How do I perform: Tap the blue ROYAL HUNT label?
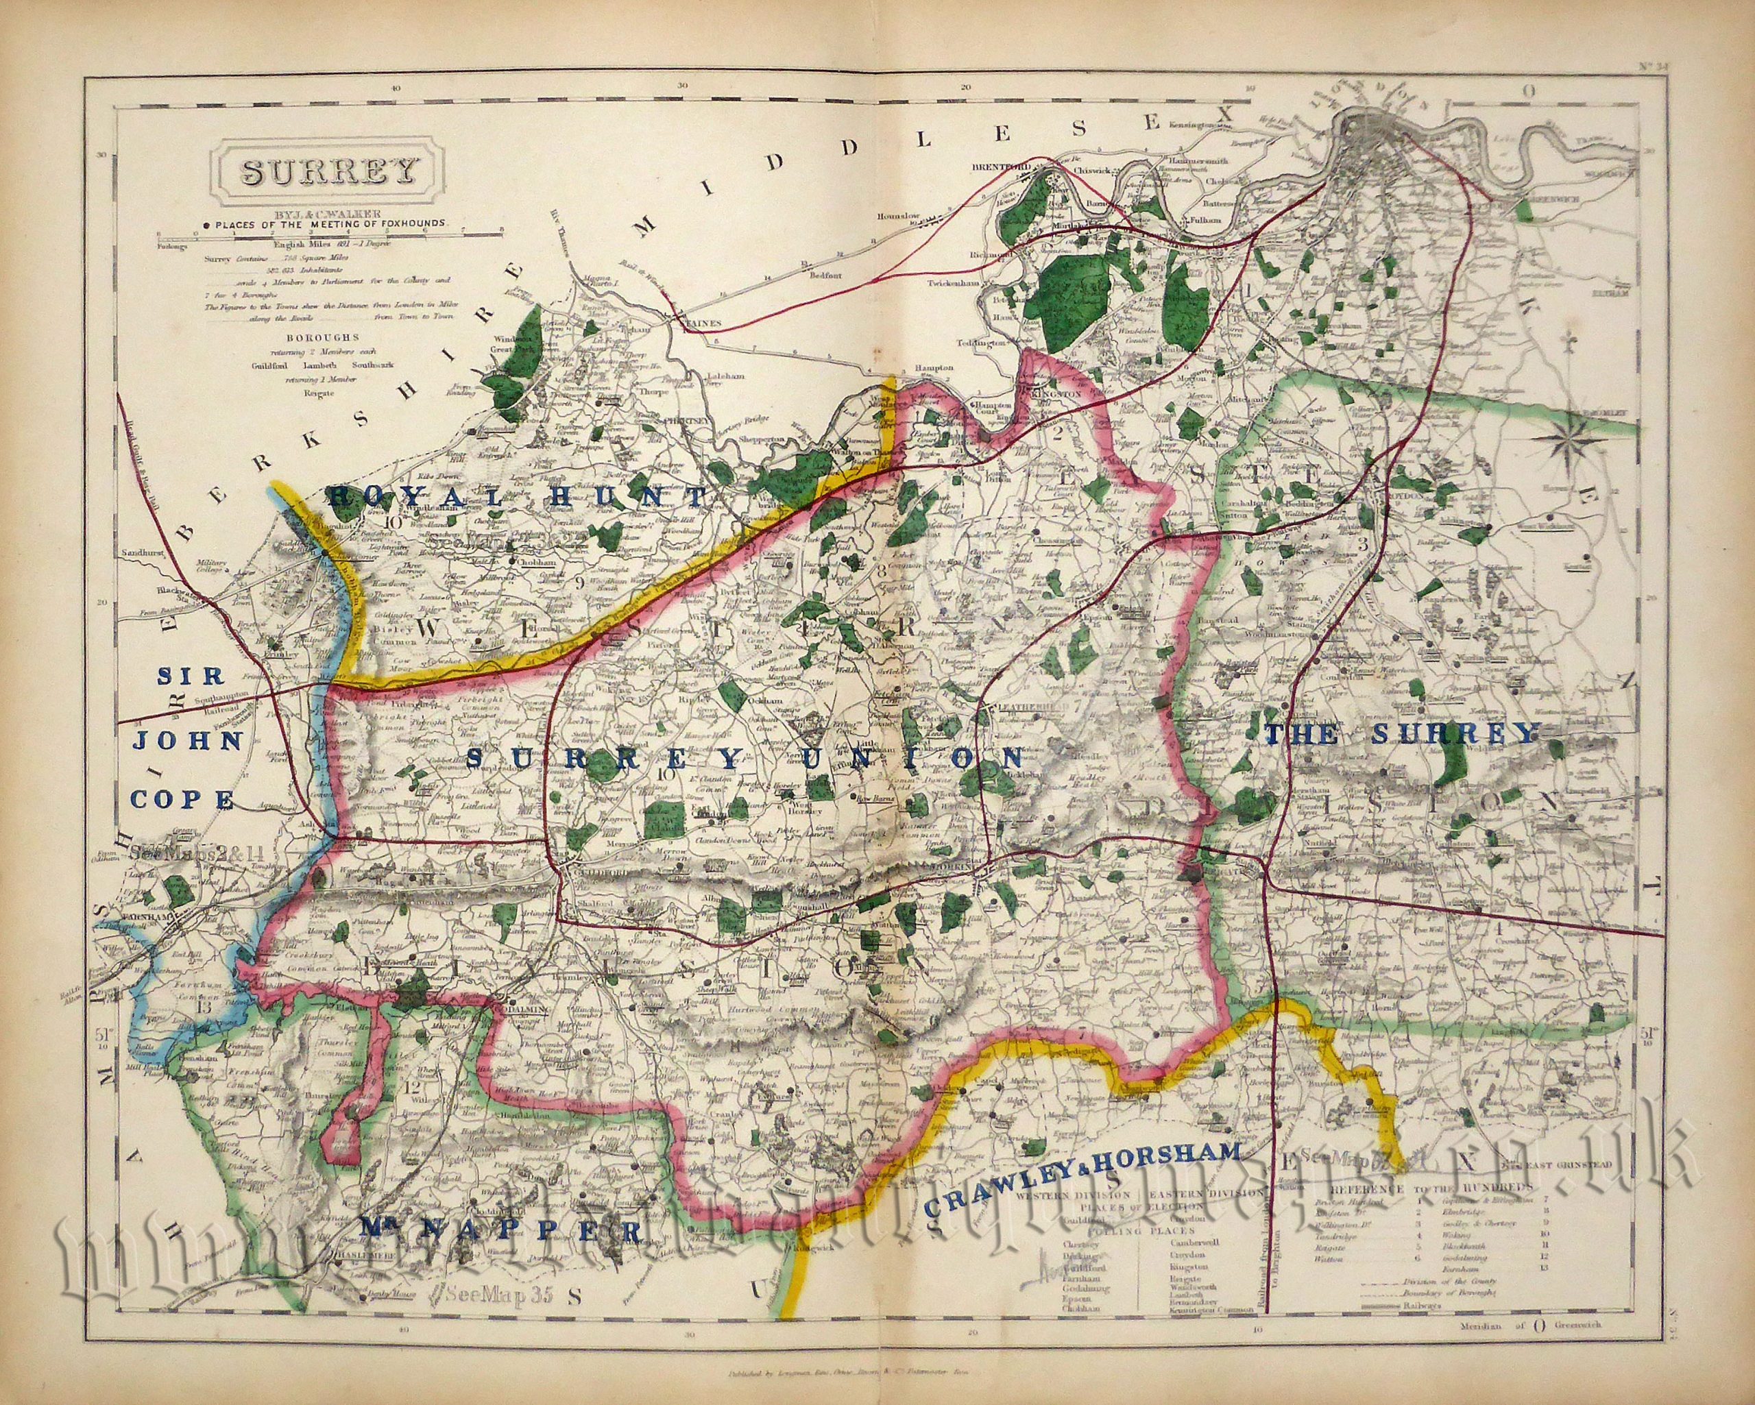[518, 498]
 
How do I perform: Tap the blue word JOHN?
[188, 742]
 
